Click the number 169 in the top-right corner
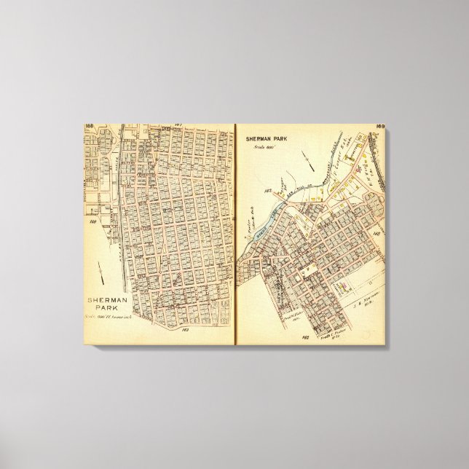click(379, 127)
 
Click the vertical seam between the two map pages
click(235, 233)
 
